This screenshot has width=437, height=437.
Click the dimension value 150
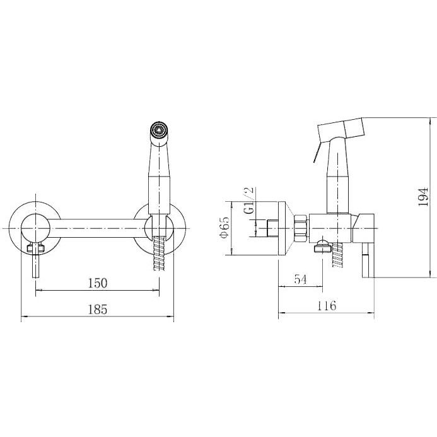click(x=98, y=283)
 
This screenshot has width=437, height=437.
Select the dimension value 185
click(x=98, y=310)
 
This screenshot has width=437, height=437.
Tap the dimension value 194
click(x=422, y=197)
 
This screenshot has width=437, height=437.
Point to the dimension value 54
click(x=300, y=279)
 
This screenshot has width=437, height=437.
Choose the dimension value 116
click(x=327, y=306)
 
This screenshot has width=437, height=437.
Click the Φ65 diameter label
click(x=224, y=227)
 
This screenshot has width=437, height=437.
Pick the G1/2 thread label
click(x=249, y=200)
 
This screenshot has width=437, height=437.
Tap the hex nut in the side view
click(x=301, y=228)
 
